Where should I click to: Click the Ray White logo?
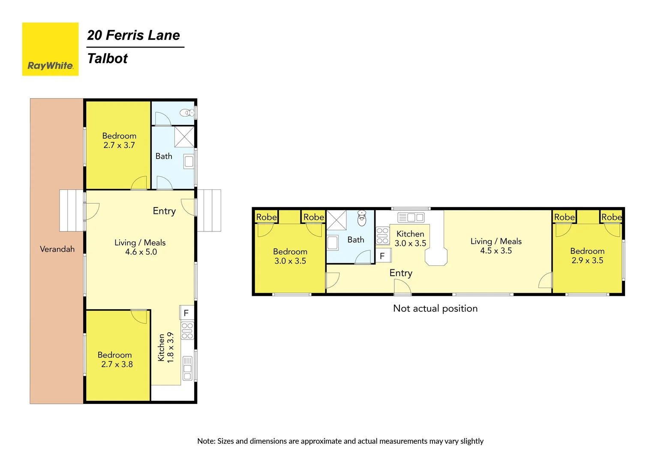point(50,49)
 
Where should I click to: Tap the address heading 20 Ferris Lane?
point(133,35)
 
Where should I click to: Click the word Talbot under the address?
point(107,58)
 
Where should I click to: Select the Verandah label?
point(57,249)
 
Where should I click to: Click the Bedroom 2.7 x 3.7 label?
point(119,141)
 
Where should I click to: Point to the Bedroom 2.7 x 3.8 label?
point(115,360)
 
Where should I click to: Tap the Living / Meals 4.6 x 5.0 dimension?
point(141,252)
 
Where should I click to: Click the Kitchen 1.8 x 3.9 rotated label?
point(166,347)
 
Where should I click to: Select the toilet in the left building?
point(187,113)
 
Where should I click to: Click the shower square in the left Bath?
point(184,137)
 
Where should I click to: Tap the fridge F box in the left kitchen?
point(186,313)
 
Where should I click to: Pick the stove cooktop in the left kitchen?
point(187,331)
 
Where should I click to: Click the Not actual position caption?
point(435,308)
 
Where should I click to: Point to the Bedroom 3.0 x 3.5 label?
point(290,256)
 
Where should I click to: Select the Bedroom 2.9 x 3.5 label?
point(587,256)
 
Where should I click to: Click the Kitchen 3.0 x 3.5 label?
point(410,239)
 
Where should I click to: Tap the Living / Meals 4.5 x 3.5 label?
point(496,246)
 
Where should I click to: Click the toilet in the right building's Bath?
point(362,218)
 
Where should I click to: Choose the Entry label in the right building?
point(401,273)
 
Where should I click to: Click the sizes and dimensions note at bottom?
point(340,441)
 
